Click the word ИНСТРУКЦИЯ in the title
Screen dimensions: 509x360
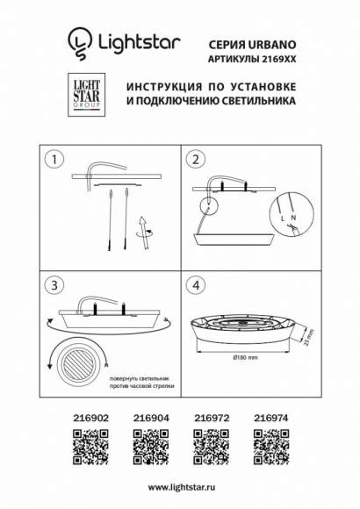coord(164,89)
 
